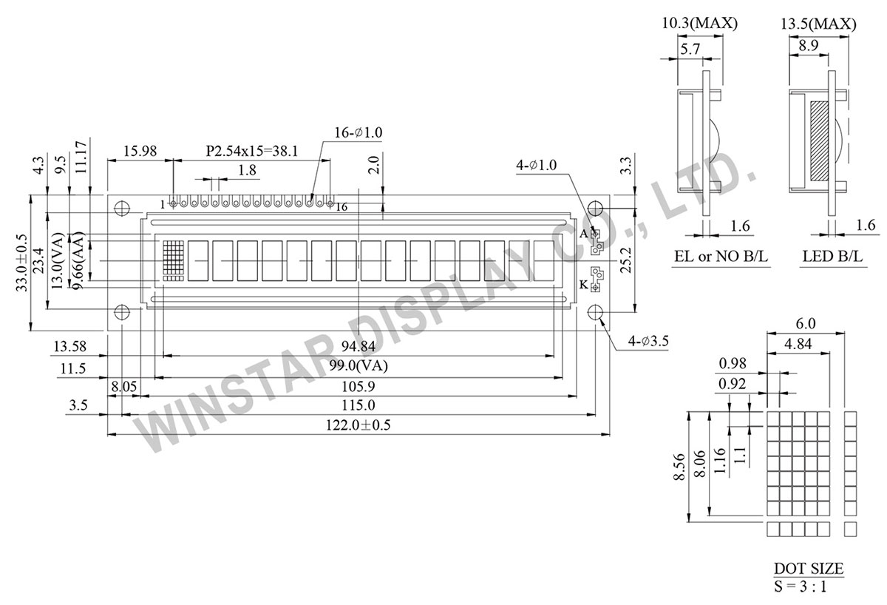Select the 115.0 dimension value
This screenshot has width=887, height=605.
358,405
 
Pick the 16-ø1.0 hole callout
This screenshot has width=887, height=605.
358,132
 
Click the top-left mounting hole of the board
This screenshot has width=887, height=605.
123,209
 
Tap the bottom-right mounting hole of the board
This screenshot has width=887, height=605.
596,313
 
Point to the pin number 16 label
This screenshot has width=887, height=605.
341,207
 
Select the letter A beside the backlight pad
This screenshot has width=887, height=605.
583,234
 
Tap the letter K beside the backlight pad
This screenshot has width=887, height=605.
583,284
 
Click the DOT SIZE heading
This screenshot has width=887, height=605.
807,569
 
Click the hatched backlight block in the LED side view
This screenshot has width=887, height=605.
820,141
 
